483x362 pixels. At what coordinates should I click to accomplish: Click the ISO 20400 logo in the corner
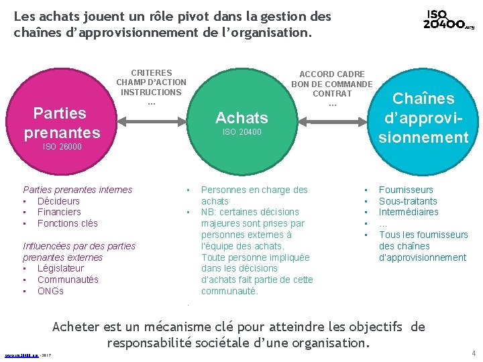pyautogui.click(x=448, y=20)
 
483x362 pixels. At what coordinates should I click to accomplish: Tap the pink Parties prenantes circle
pyautogui.click(x=62, y=123)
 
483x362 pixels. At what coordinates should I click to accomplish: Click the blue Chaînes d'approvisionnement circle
pyautogui.click(x=423, y=119)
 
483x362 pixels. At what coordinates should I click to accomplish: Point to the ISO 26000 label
pyautogui.click(x=62, y=146)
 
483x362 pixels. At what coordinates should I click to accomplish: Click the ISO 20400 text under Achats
pyautogui.click(x=241, y=133)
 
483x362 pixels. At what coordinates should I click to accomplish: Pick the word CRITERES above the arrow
pyautogui.click(x=151, y=72)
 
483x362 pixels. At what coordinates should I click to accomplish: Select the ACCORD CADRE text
pyautogui.click(x=331, y=74)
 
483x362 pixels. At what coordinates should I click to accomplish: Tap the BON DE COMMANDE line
pyautogui.click(x=331, y=84)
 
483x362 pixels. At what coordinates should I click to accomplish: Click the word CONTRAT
pyautogui.click(x=331, y=94)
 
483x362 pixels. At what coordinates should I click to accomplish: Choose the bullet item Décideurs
pyautogui.click(x=58, y=201)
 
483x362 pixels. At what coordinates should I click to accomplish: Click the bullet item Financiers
pyautogui.click(x=59, y=212)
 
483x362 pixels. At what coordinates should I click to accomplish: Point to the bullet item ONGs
pyautogui.click(x=50, y=291)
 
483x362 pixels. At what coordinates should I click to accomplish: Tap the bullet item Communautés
pyautogui.click(x=68, y=280)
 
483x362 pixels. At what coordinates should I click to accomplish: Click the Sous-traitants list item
pyautogui.click(x=408, y=201)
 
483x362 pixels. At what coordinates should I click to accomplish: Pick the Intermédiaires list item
pyautogui.click(x=409, y=212)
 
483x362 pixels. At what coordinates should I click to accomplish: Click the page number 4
pyautogui.click(x=473, y=353)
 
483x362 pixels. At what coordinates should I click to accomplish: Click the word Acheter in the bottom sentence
pyautogui.click(x=76, y=327)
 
